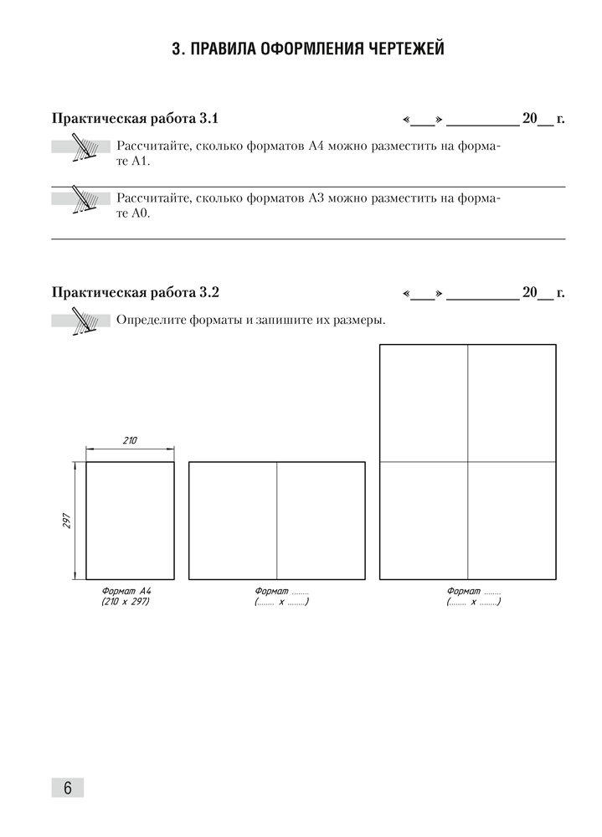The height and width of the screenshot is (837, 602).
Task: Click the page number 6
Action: pos(68,788)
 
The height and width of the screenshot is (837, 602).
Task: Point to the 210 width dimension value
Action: pos(130,440)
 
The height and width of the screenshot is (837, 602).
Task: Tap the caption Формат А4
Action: pos(130,591)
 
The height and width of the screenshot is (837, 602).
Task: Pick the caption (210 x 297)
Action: pos(130,601)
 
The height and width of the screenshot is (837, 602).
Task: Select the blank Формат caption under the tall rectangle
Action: pos(473,591)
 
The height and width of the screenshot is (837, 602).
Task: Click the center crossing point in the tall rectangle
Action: pos(468,461)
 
